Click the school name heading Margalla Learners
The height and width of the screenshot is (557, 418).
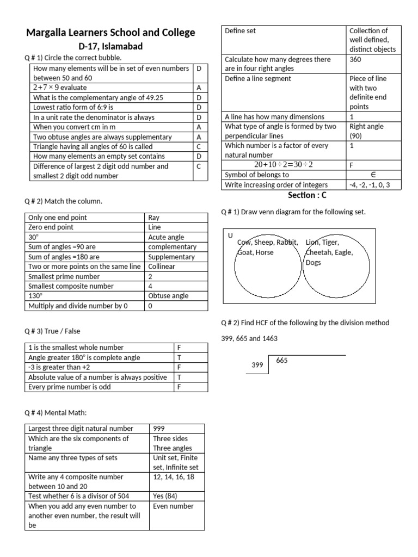[110, 33]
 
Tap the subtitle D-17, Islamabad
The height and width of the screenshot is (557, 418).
[110, 46]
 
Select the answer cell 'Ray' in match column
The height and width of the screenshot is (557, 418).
[154, 218]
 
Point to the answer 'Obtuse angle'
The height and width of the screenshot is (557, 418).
[168, 296]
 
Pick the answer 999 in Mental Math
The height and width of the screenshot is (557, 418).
[161, 429]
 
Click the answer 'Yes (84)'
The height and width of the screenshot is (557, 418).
[165, 496]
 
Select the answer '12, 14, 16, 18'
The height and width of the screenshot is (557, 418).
[174, 476]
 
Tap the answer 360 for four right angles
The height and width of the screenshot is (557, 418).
[355, 59]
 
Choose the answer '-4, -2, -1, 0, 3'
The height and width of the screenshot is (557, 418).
[373, 185]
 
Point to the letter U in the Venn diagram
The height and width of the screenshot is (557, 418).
[230, 235]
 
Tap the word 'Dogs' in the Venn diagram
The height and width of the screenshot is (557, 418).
[313, 263]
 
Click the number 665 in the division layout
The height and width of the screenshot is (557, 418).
[282, 361]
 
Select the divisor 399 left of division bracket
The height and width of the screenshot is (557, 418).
[257, 365]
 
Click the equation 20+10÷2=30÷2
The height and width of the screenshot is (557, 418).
[284, 165]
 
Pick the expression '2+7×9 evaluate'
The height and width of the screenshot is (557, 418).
[60, 88]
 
